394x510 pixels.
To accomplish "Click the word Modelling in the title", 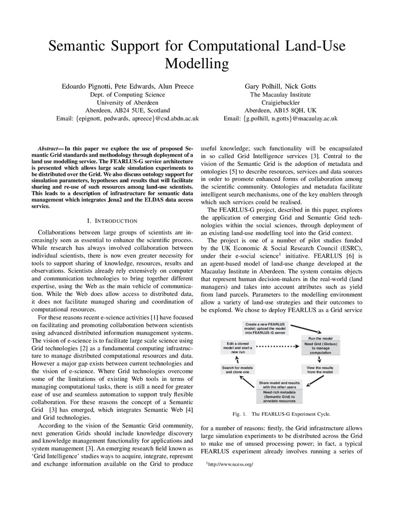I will pos(197,64).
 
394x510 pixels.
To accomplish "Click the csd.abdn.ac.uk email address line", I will pos(127,118).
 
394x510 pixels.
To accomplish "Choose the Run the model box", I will pos(320,338).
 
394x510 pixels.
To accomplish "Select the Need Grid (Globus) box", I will pos(320,349).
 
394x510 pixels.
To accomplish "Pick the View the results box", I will pos(320,370).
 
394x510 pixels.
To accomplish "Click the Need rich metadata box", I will pos(279,396).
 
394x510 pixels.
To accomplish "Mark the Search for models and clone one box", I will pos(235,370).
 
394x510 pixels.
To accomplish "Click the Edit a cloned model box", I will pos(235,348).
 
